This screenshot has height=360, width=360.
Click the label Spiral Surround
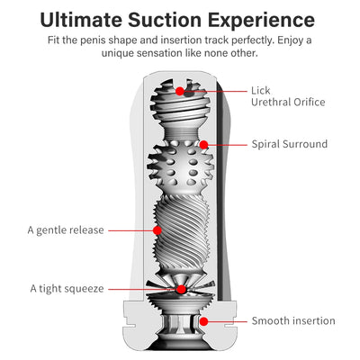[x=289, y=143]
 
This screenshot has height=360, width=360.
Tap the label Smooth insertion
[x=292, y=320]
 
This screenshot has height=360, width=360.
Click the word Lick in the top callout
[x=261, y=90]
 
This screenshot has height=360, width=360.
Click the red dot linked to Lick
[x=181, y=91]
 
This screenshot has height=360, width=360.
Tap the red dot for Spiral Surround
[x=203, y=144]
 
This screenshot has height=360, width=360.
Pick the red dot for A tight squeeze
[x=181, y=289]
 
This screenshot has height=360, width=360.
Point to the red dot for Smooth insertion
[x=203, y=320]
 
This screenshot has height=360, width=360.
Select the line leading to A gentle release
[x=130, y=229]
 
